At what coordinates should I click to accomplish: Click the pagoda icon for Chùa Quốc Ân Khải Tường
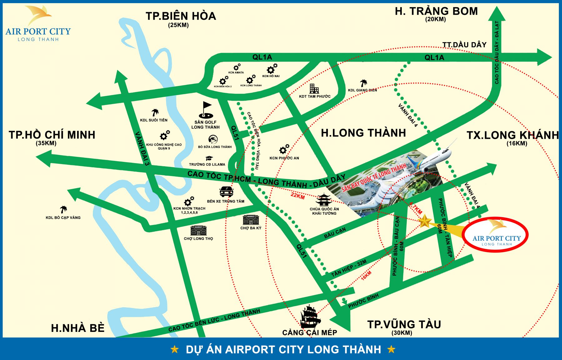pyautogui.click(x=323, y=200)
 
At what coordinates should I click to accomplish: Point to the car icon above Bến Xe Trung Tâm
pyautogui.click(x=226, y=191)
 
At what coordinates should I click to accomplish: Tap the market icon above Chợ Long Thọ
pyautogui.click(x=198, y=231)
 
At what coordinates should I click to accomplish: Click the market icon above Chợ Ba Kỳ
pyautogui.click(x=251, y=220)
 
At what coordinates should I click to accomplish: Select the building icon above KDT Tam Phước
pyautogui.click(x=314, y=89)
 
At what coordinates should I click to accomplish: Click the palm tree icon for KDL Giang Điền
pyautogui.click(x=363, y=83)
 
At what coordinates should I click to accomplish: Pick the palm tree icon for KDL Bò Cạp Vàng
pyautogui.click(x=63, y=209)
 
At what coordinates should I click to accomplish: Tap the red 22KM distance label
pyautogui.click(x=298, y=196)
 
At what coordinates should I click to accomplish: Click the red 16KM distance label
pyautogui.click(x=366, y=275)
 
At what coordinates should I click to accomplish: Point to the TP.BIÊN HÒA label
pyautogui.click(x=181, y=16)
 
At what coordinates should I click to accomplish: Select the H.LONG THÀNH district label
pyautogui.click(x=363, y=133)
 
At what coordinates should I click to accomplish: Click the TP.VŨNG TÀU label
pyautogui.click(x=404, y=324)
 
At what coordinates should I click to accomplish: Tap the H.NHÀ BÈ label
pyautogui.click(x=78, y=328)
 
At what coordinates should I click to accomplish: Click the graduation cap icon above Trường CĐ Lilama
pyautogui.click(x=209, y=158)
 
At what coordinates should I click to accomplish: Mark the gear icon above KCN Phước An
pyautogui.click(x=284, y=149)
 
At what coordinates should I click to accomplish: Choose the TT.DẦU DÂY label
pyautogui.click(x=464, y=45)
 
